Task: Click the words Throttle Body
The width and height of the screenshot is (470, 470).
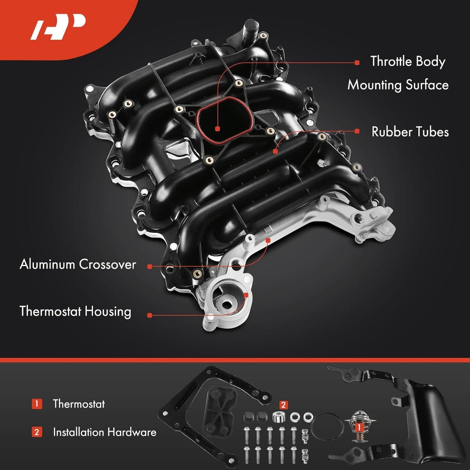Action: (408, 62)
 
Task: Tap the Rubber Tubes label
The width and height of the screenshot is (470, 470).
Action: (410, 132)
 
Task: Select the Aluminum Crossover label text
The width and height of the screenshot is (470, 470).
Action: (78, 264)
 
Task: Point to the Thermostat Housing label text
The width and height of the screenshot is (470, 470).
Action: (75, 311)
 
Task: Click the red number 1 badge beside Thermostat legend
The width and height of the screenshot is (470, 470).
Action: (37, 404)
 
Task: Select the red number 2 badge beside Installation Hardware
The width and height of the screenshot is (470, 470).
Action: (37, 432)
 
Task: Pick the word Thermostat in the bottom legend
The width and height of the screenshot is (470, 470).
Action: (79, 404)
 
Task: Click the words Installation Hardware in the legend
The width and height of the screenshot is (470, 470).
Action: (104, 432)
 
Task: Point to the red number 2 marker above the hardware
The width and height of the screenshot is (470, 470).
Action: (283, 405)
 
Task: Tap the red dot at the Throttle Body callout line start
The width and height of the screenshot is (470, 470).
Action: (357, 63)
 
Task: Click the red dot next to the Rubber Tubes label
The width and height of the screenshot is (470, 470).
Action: (357, 131)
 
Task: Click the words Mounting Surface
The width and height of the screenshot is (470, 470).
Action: (398, 85)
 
